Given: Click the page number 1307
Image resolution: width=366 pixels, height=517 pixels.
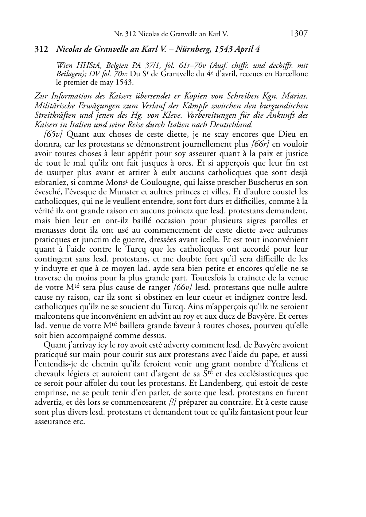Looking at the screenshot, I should click(299, 34).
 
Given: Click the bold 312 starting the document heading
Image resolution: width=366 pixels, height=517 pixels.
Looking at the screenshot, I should click(41, 49).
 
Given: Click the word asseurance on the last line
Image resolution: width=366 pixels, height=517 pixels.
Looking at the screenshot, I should click(53, 421).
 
